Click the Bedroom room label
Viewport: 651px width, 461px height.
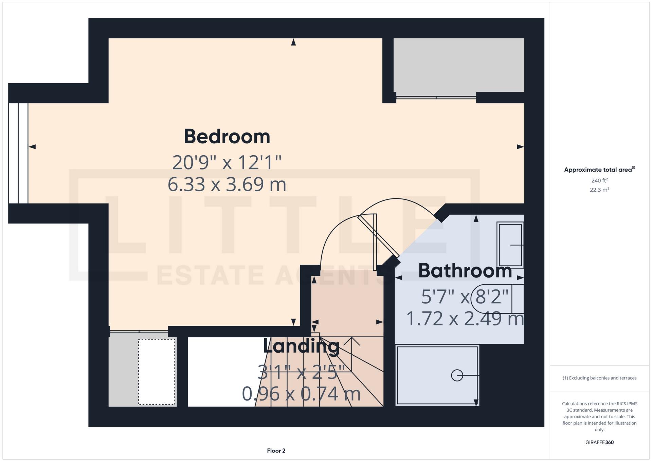tap(227, 137)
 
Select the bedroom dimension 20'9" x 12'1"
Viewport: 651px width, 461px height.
tap(227, 162)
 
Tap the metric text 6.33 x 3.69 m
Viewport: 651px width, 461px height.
tap(227, 184)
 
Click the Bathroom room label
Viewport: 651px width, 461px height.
tap(465, 271)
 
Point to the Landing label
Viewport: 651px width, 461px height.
tap(301, 347)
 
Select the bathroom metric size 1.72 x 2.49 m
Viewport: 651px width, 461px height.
tap(465, 319)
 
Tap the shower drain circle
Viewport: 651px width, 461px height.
tap(457, 375)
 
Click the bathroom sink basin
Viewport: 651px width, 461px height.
tap(510, 245)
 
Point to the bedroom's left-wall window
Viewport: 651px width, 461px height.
tap(18, 153)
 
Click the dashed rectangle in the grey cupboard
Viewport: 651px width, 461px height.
tap(157, 372)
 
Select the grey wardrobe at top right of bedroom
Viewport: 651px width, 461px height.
tap(458, 65)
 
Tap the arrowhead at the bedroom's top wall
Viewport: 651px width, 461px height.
tap(293, 42)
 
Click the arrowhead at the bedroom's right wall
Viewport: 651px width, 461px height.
tap(520, 147)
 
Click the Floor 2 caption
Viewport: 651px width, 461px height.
tap(276, 451)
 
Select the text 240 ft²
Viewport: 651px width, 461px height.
tap(599, 180)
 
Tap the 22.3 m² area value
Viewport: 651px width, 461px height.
tap(599, 190)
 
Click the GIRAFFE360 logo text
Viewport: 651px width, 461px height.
tap(599, 442)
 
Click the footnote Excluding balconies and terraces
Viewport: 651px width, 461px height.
tap(599, 378)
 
